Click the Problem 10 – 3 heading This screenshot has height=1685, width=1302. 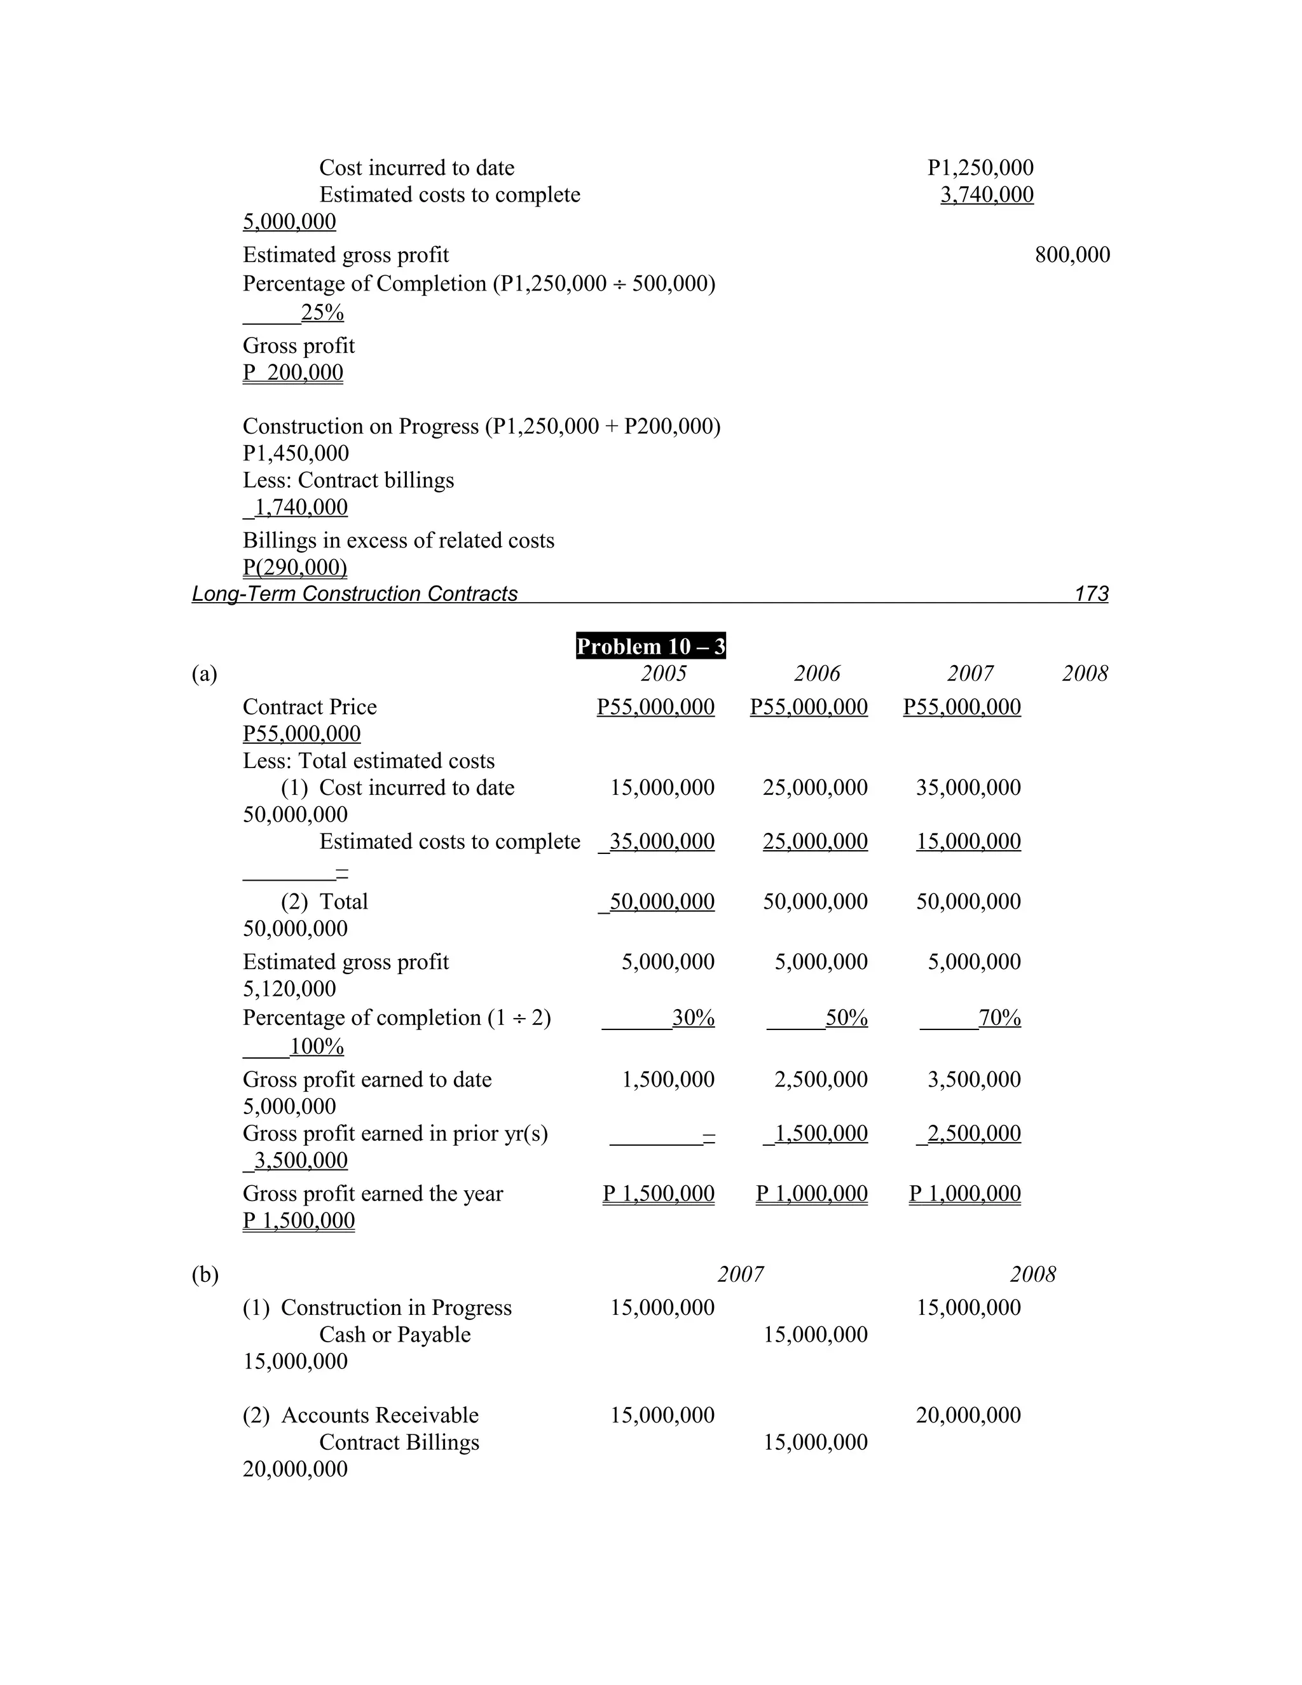click(x=650, y=646)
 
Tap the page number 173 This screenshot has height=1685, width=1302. click(x=1091, y=593)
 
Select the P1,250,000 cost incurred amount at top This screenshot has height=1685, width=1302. click(x=980, y=167)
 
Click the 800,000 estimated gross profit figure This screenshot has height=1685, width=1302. click(x=1072, y=254)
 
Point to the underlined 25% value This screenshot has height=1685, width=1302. click(x=322, y=312)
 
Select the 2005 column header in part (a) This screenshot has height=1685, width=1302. click(x=663, y=673)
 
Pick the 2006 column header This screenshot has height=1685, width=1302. click(x=817, y=673)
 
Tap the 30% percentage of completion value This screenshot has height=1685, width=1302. click(x=693, y=1019)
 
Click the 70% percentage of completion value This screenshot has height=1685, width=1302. click(x=999, y=1019)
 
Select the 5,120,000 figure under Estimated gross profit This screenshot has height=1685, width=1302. click(x=289, y=988)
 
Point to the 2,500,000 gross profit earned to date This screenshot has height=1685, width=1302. click(x=821, y=1080)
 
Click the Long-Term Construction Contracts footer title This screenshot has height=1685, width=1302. click(x=354, y=593)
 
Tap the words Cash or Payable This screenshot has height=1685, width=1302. click(x=394, y=1334)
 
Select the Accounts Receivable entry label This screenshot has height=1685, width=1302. click(x=380, y=1415)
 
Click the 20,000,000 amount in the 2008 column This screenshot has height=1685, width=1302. click(x=968, y=1415)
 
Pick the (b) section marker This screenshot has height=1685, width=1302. click(x=205, y=1274)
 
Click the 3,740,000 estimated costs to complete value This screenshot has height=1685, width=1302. click(x=987, y=195)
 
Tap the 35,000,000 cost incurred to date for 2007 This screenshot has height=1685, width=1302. click(x=968, y=788)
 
